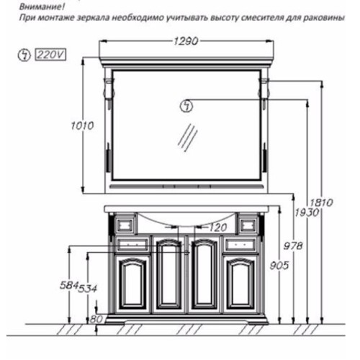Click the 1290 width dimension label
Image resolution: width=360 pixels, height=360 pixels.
(x=186, y=41)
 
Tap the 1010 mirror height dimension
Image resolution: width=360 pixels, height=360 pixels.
(x=82, y=126)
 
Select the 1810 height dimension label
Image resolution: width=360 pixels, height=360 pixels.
(x=321, y=203)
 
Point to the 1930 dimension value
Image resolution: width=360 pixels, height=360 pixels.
(x=307, y=212)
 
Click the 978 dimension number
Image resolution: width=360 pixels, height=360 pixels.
(x=293, y=246)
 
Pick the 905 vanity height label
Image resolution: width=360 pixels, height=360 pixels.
(x=279, y=266)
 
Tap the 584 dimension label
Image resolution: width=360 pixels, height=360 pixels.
(x=69, y=285)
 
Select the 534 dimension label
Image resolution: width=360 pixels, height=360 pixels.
(x=88, y=288)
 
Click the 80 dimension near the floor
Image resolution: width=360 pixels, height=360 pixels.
(x=96, y=320)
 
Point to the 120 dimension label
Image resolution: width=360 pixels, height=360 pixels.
(x=218, y=228)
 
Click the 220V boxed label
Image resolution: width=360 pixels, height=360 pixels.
(x=50, y=55)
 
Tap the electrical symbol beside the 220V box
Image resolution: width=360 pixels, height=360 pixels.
(x=24, y=55)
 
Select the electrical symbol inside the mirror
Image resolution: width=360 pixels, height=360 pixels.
(x=186, y=106)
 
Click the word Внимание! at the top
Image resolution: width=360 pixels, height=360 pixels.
(x=42, y=6)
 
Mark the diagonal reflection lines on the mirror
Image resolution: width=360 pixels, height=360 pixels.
(x=188, y=138)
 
